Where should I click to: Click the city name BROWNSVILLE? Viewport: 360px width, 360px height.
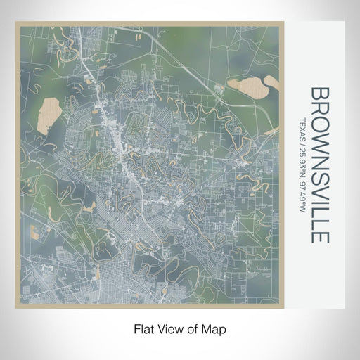[x=319, y=165]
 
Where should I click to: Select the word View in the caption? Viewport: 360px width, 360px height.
[x=169, y=328]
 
